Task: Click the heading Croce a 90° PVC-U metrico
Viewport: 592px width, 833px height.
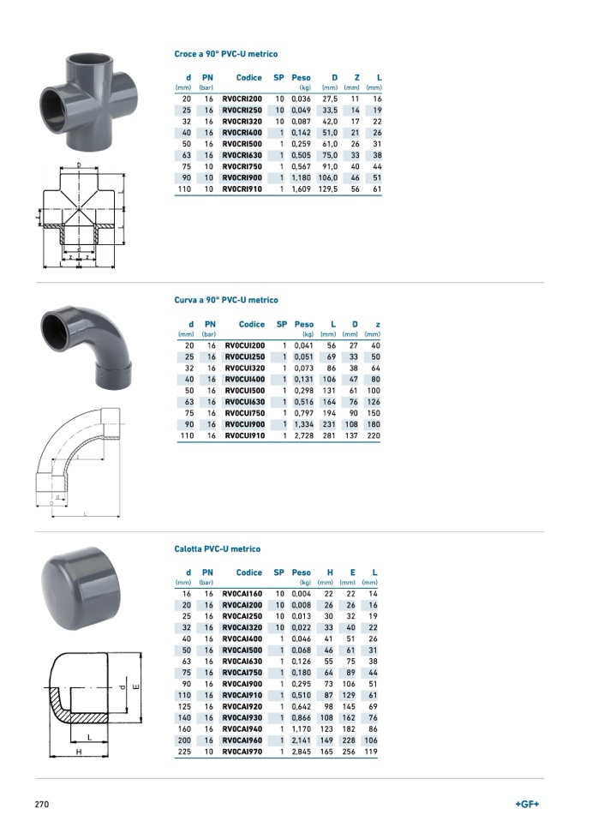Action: (225, 54)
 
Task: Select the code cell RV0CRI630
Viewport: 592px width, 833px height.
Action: (242, 155)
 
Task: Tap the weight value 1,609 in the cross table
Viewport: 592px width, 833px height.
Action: (301, 189)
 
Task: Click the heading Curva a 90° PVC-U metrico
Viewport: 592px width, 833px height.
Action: (226, 300)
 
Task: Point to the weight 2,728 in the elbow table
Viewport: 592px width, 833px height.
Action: (303, 435)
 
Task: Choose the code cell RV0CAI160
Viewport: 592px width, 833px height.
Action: (242, 594)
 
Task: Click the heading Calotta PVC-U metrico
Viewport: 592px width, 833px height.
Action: (217, 548)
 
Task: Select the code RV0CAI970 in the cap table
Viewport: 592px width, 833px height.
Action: (242, 752)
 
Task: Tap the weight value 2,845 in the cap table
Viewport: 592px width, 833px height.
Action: (301, 752)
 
